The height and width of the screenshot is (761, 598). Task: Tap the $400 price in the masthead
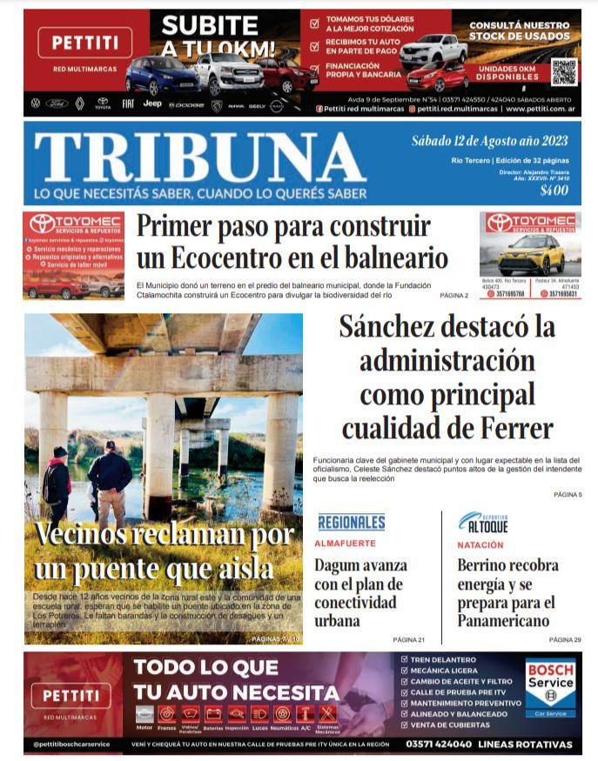click(x=553, y=191)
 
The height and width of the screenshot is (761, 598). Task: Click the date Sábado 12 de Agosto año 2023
click(x=489, y=142)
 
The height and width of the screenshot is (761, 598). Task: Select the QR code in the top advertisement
click(x=563, y=72)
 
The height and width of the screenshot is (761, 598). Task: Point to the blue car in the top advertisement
click(x=162, y=76)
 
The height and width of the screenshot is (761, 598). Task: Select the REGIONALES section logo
click(x=351, y=523)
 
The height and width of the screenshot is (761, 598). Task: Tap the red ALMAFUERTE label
click(x=345, y=544)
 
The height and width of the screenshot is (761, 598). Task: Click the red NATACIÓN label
click(x=480, y=544)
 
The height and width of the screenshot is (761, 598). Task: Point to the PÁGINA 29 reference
click(x=565, y=639)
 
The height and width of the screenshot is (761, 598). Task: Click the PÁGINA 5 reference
click(x=568, y=494)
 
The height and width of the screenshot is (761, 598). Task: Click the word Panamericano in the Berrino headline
click(x=503, y=621)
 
